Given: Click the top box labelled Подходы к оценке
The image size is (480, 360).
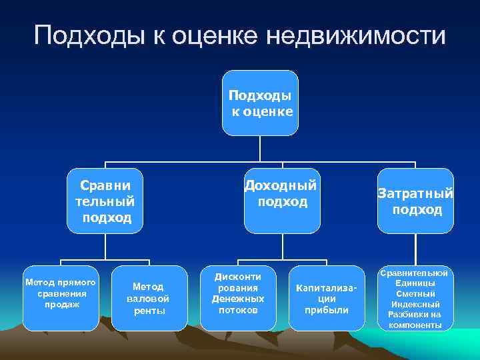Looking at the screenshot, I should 261,103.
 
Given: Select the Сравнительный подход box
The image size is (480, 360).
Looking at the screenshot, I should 105,201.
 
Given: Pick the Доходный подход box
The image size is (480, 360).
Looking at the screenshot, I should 281,201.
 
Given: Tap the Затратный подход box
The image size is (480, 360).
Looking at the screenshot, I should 415,201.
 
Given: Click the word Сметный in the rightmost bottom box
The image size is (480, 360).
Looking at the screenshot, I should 415,294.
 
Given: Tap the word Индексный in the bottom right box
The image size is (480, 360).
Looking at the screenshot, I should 415,304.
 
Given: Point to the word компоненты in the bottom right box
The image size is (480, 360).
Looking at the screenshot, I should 415,325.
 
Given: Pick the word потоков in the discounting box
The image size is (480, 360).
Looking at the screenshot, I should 238,310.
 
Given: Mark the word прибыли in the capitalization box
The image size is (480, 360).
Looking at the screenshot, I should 327,310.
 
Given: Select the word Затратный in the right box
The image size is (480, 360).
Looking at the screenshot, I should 415,194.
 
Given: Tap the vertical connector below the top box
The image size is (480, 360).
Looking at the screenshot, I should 261,149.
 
